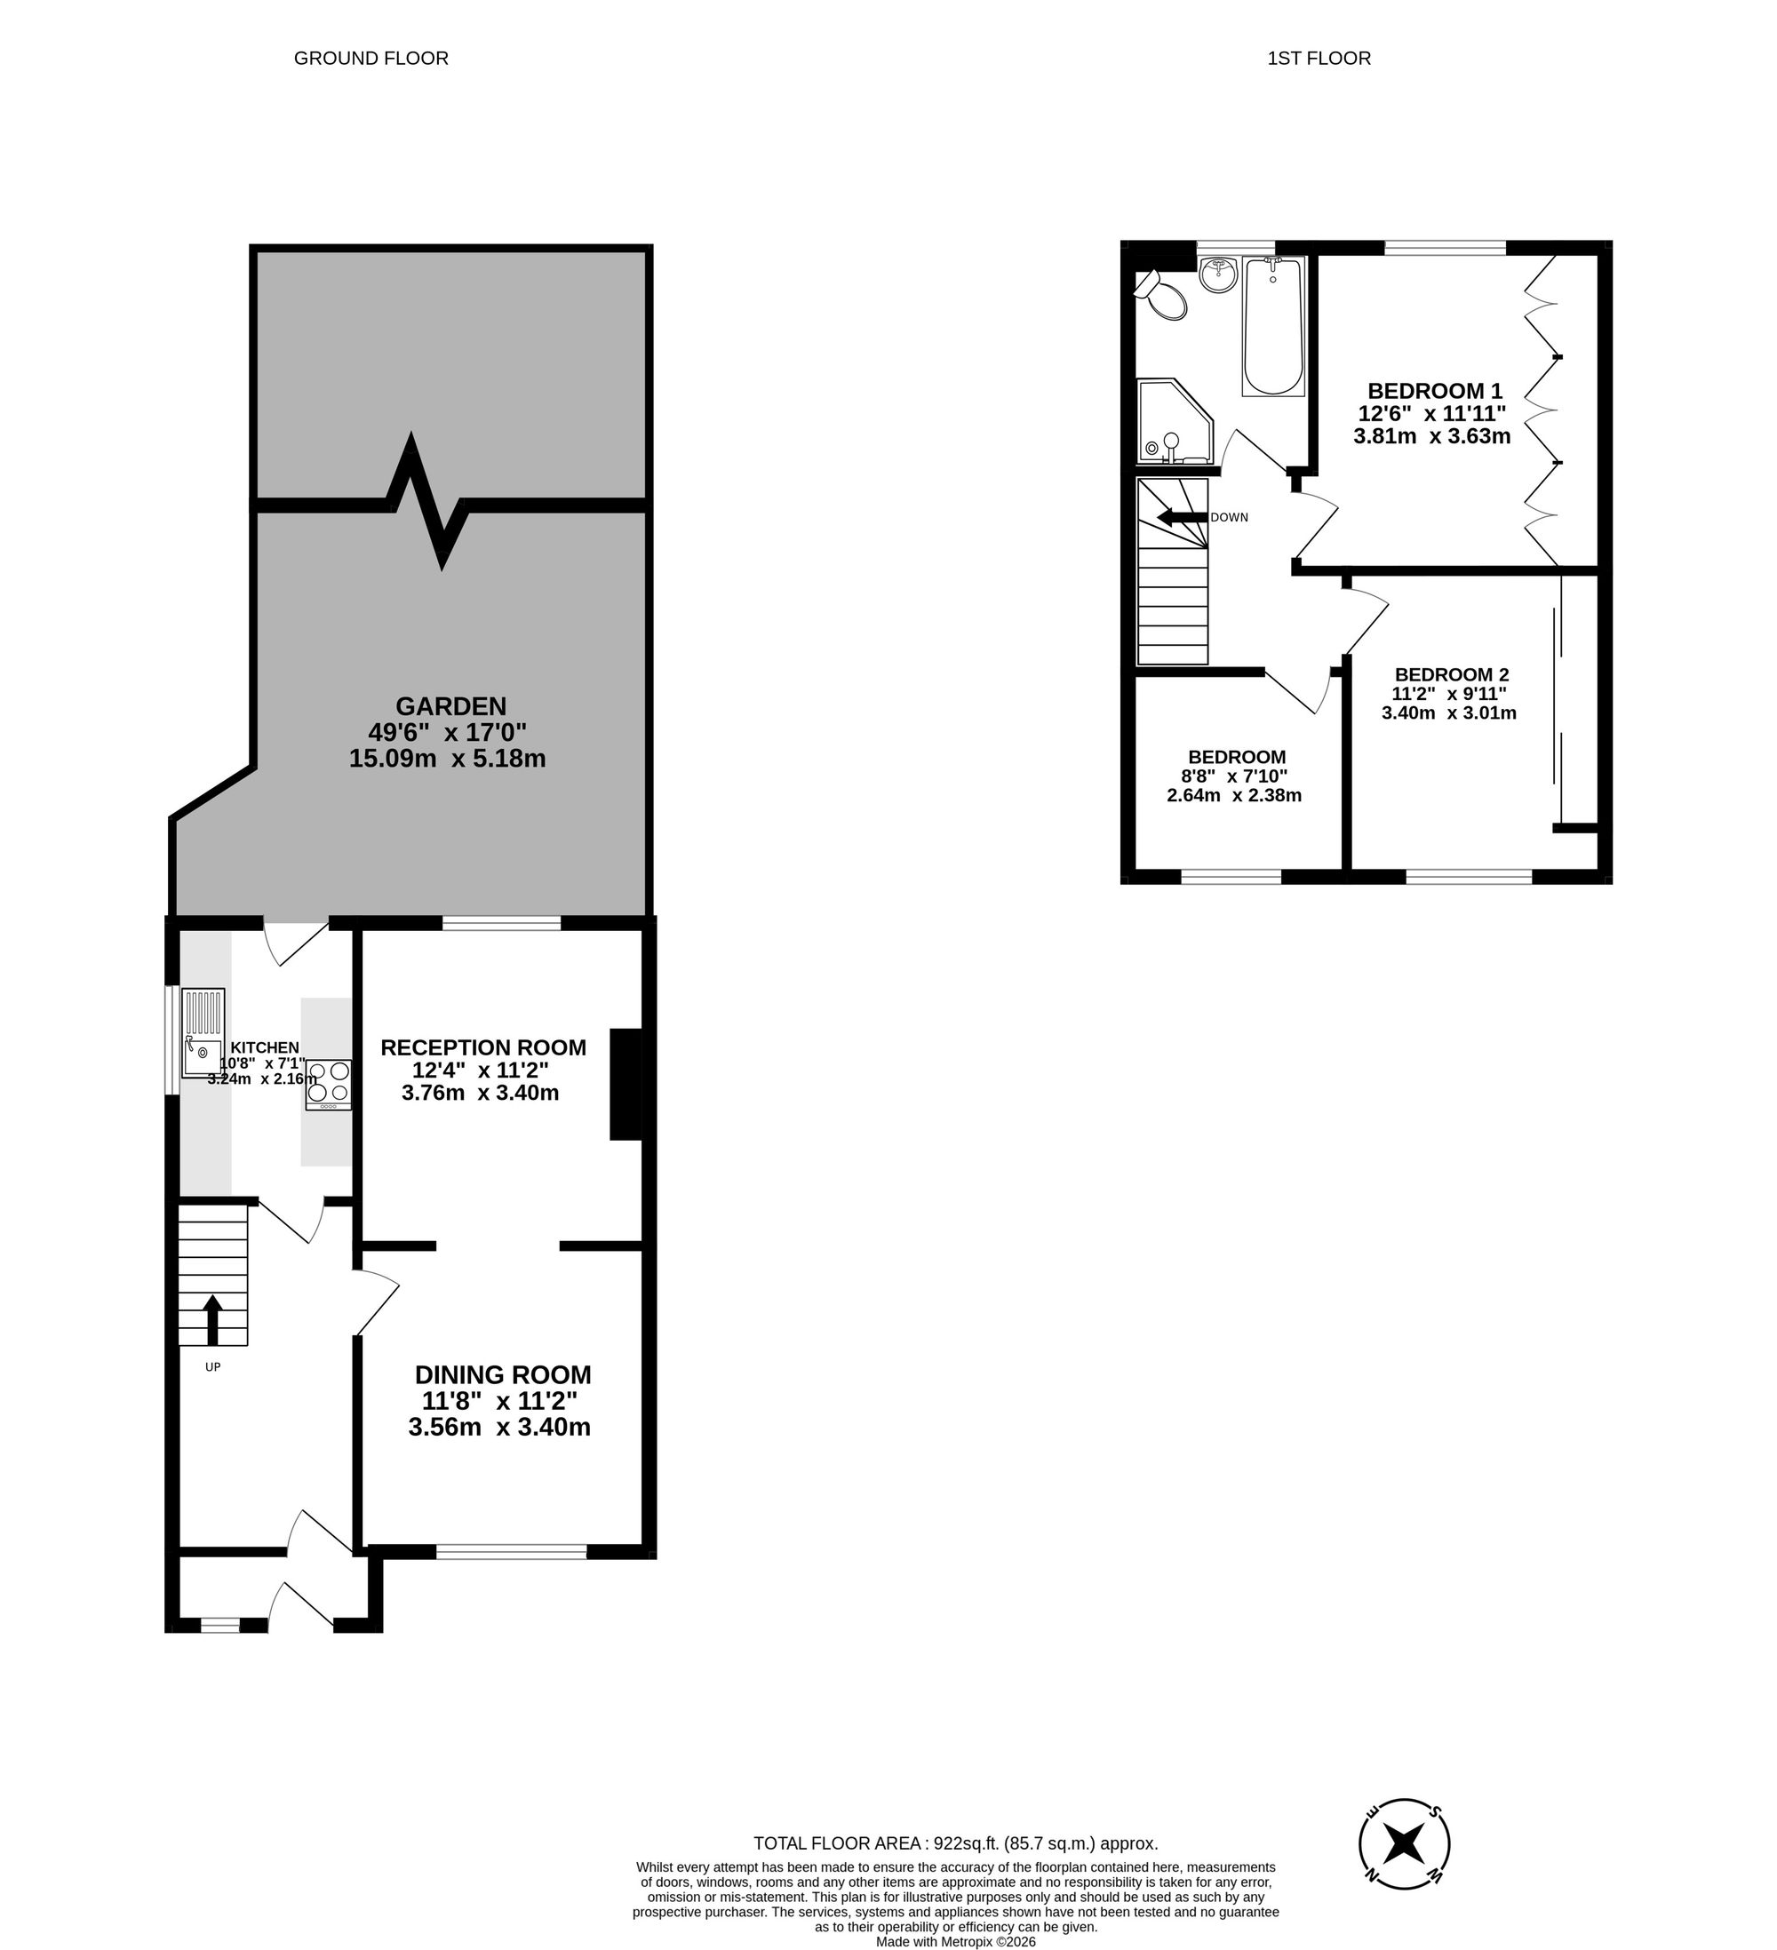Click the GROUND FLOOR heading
(371, 58)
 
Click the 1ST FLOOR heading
(1319, 58)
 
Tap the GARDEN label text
(450, 706)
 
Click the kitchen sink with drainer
(204, 1033)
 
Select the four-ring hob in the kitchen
(329, 1085)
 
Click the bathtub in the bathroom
(1273, 327)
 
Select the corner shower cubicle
(1173, 423)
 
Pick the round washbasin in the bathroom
(1218, 275)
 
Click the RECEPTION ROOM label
(482, 1047)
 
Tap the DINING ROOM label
(502, 1374)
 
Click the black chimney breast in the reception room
(626, 1085)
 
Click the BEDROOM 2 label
(1451, 674)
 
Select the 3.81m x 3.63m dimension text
(1431, 436)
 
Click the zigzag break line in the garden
(426, 501)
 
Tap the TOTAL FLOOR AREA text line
(955, 1843)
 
